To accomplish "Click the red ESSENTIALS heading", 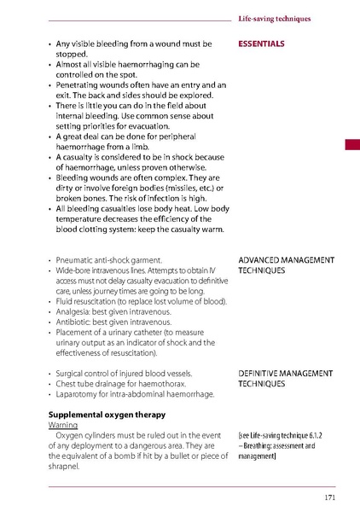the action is click(261, 44).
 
